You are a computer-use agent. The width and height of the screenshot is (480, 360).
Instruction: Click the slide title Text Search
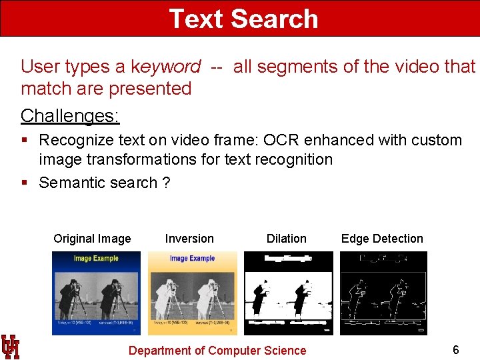click(243, 19)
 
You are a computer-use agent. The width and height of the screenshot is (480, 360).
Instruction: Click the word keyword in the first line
click(165, 67)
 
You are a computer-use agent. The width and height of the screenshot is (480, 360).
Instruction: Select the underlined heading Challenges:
click(70, 115)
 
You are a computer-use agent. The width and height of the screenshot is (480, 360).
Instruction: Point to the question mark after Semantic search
click(166, 183)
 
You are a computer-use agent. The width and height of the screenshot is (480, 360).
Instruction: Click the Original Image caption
click(92, 239)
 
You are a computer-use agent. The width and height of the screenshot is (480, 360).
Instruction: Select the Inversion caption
click(189, 239)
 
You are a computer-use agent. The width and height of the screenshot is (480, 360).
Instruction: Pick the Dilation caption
click(287, 239)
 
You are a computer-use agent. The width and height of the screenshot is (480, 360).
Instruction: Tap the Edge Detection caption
click(382, 239)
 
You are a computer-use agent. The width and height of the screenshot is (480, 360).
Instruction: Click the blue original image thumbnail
click(97, 293)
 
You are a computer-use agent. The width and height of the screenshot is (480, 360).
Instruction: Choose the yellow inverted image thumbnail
click(192, 293)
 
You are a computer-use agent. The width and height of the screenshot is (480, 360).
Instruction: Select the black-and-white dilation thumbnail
click(288, 293)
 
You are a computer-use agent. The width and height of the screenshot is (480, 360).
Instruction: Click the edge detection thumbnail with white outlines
click(383, 293)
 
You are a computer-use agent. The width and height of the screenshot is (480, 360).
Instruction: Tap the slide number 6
click(456, 350)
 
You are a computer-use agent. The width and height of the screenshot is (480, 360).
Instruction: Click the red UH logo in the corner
click(11, 346)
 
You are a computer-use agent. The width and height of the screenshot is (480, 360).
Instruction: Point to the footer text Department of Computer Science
click(217, 351)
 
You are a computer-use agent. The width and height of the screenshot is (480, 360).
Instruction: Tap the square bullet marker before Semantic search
click(24, 183)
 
